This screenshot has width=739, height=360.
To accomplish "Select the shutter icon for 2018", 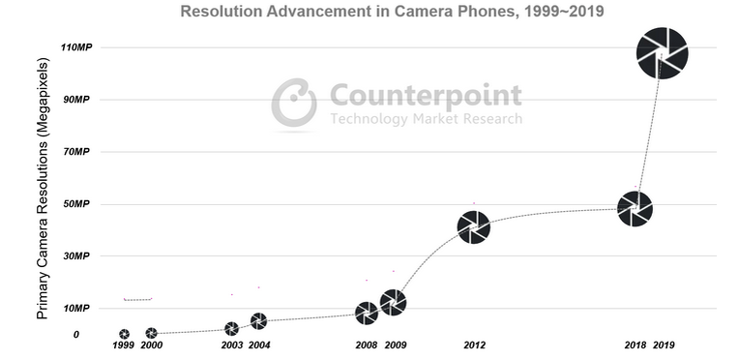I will (x=635, y=209).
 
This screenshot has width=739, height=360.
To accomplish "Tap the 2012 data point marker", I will (x=474, y=227).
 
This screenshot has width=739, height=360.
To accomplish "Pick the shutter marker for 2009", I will (x=393, y=303).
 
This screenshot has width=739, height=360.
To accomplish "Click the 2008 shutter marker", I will (x=367, y=313).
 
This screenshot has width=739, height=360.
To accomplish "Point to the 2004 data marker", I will (x=258, y=321).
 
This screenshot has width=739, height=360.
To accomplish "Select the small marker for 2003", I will (x=231, y=329).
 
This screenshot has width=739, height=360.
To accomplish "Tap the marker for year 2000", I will (x=151, y=333).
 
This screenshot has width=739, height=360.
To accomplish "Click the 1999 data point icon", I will (x=124, y=334).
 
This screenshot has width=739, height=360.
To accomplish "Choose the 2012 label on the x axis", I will (x=474, y=345).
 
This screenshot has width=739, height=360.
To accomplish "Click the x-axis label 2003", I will (x=231, y=345).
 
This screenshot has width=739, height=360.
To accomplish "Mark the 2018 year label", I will (x=635, y=345).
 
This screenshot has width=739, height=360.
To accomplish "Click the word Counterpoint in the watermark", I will (x=426, y=96).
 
